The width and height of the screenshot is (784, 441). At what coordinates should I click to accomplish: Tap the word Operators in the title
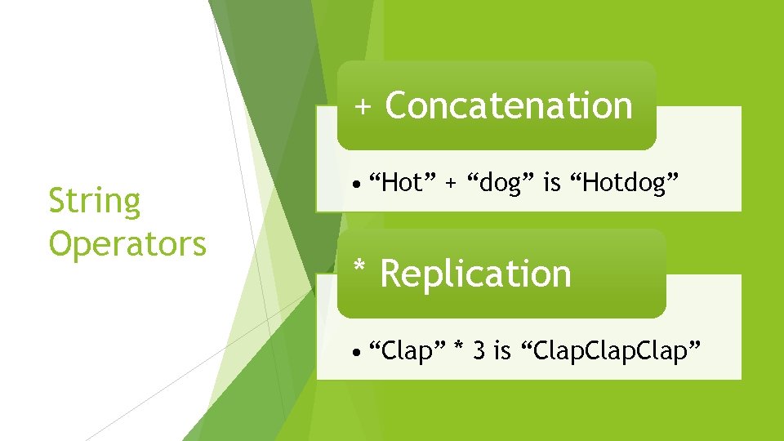tap(127, 243)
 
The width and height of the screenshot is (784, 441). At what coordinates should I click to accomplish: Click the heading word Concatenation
tap(508, 105)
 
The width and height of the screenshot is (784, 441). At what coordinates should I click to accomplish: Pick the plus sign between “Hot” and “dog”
tap(451, 184)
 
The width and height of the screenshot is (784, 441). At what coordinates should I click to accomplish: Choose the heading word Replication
tap(475, 274)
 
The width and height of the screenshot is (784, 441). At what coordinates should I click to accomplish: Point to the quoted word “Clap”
tap(407, 351)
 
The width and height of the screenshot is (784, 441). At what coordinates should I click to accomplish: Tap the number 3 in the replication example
tap(479, 351)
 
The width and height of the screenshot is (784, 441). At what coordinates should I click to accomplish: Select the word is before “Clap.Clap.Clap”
tap(502, 351)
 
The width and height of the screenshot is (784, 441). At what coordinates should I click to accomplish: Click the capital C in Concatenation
tap(398, 105)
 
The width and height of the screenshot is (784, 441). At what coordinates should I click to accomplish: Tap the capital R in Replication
tap(393, 274)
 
